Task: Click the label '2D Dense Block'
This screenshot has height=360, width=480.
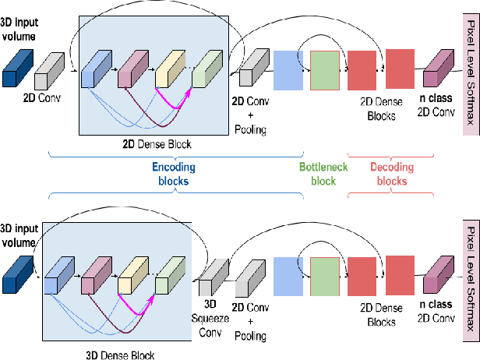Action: click(147, 144)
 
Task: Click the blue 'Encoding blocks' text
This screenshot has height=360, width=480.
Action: click(173, 173)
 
